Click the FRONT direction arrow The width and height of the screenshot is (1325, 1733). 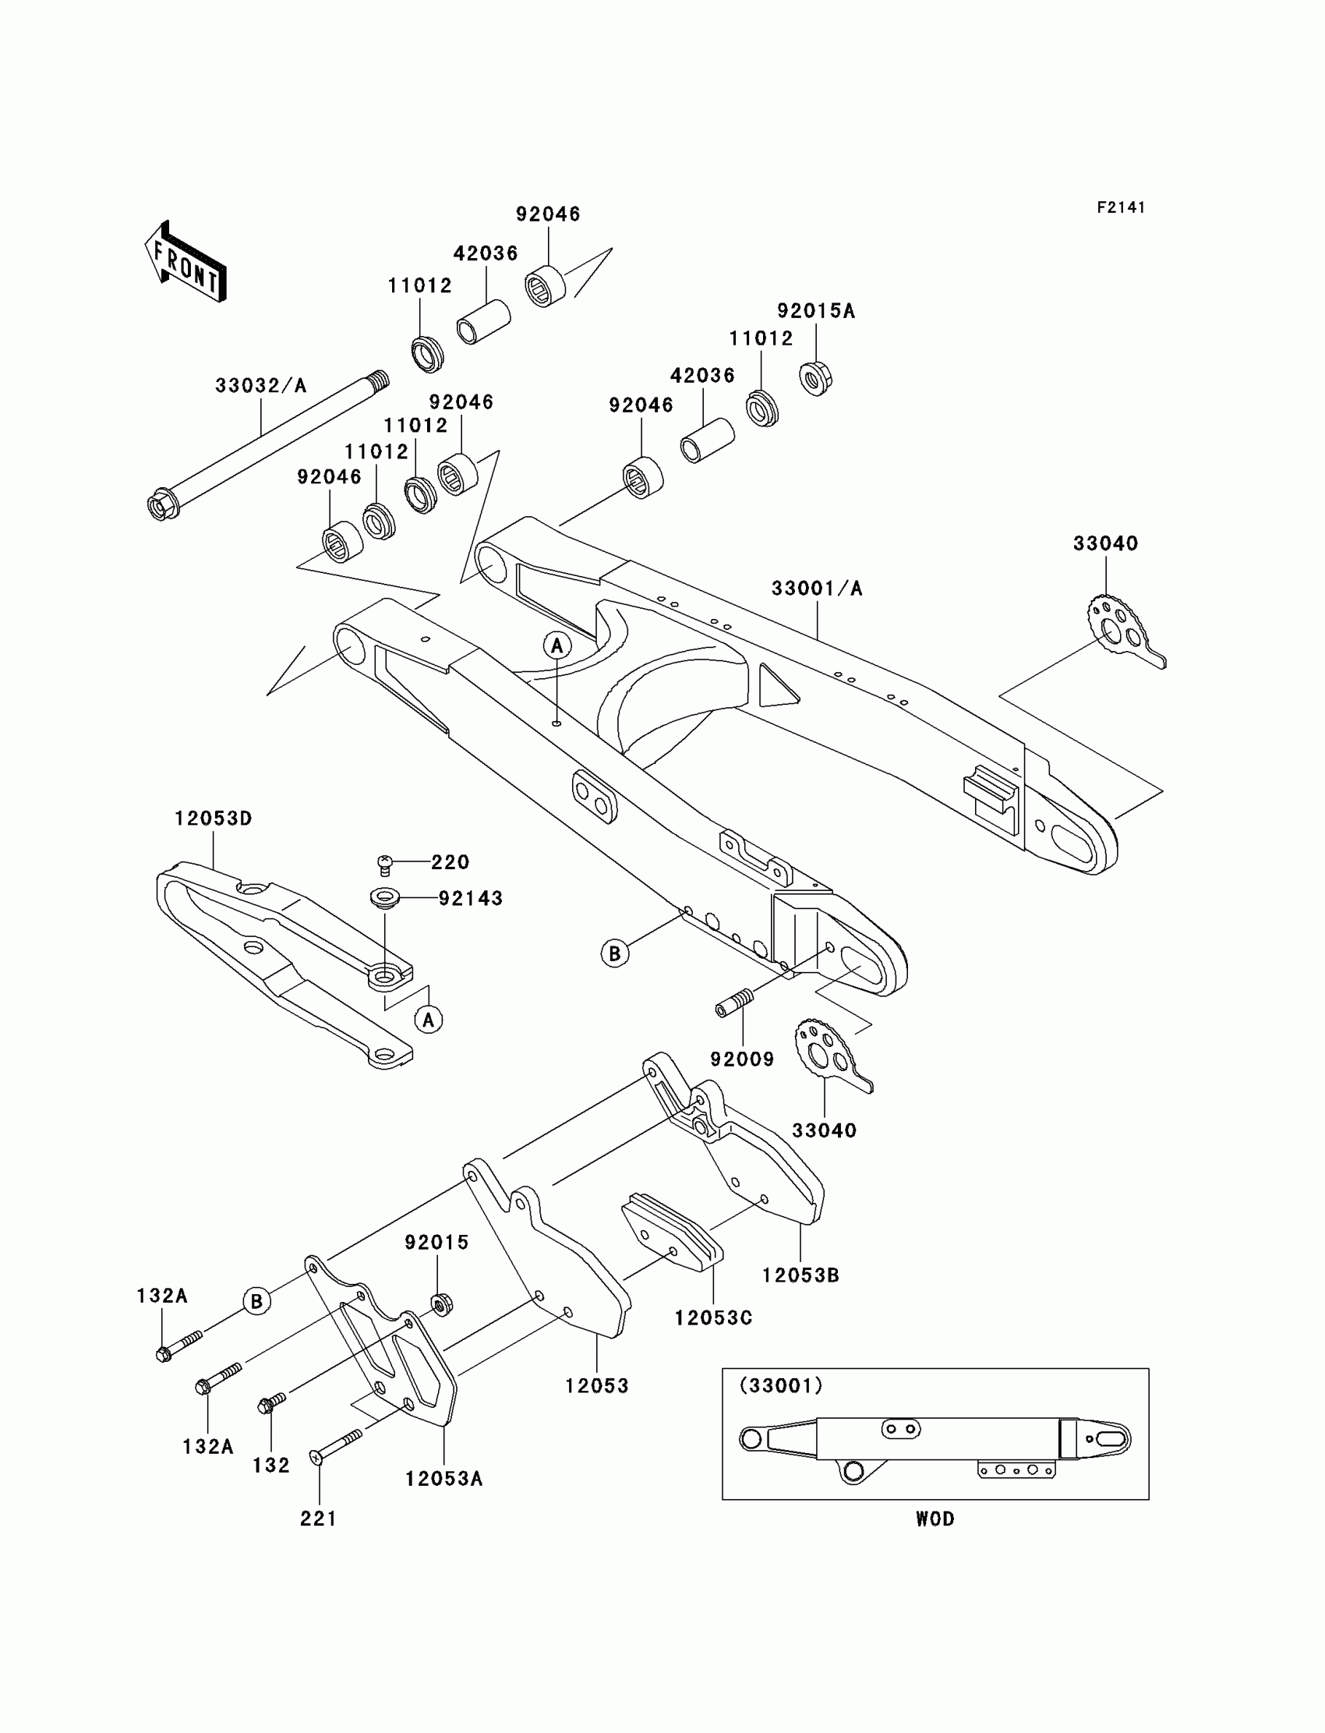coord(186,262)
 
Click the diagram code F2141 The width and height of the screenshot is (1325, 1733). coord(1121,207)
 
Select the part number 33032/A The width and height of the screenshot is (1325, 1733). coord(261,386)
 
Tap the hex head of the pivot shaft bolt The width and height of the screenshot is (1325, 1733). coord(161,506)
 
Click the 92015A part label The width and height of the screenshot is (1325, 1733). coord(815,311)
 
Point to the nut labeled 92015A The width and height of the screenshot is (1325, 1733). coord(816,378)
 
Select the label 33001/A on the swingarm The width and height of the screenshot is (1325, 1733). coord(817,589)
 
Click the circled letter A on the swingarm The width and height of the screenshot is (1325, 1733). coord(556,646)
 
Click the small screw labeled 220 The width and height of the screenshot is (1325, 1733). coord(386,865)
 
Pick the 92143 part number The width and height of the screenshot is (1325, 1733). coord(471,898)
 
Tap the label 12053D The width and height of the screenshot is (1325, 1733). coord(213,819)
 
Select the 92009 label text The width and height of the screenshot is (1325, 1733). coord(742,1059)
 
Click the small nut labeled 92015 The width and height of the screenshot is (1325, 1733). coord(443,1303)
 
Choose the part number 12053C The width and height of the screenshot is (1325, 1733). coord(713,1318)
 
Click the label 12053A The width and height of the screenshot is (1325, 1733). coord(444,1479)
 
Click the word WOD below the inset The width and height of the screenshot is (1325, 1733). coord(935,1519)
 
